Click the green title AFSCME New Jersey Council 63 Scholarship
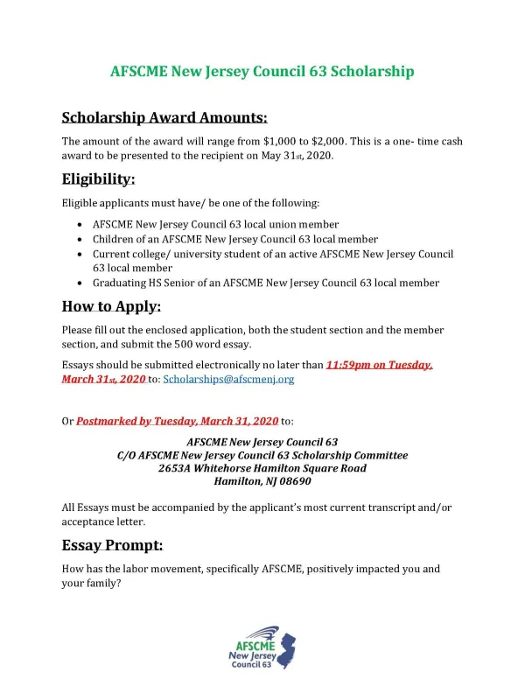coord(262,71)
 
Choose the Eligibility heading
coord(98,179)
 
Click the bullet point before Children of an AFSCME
coord(81,239)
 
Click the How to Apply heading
coord(111,306)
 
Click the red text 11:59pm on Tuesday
coord(378,365)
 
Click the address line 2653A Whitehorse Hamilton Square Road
coord(262,468)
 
